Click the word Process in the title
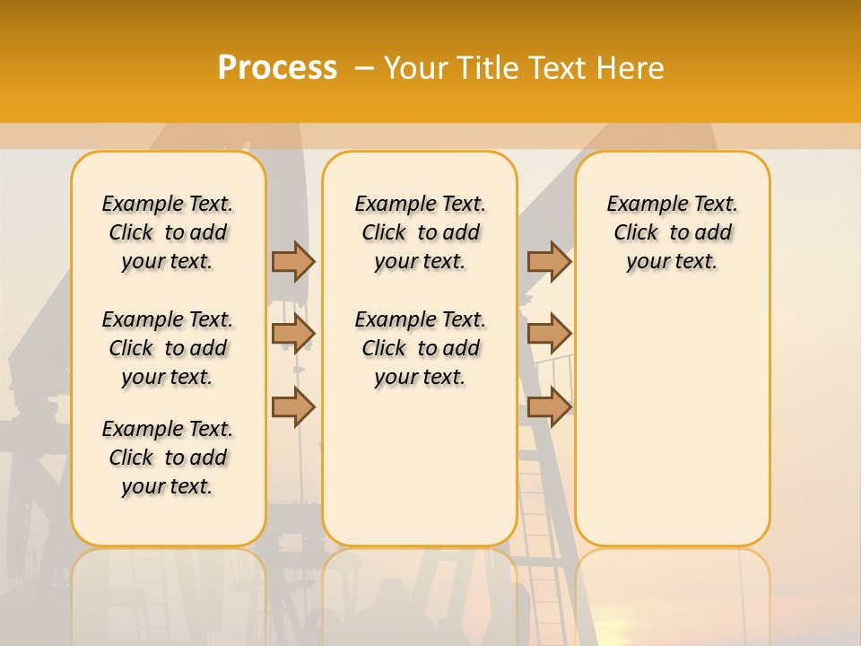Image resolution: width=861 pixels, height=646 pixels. [277, 67]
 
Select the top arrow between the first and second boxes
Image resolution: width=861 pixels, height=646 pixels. [293, 261]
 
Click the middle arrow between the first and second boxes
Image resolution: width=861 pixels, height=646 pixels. [293, 334]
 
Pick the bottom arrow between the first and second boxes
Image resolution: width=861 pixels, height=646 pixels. [293, 406]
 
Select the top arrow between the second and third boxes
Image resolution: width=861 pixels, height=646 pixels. [549, 261]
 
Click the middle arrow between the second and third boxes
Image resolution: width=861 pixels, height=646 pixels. [549, 334]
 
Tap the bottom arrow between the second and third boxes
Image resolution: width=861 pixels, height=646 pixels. [549, 406]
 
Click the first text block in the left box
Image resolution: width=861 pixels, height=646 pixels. [168, 232]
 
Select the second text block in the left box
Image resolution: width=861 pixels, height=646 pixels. [168, 348]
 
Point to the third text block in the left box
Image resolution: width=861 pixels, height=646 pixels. [168, 458]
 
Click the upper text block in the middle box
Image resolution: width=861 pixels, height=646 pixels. [420, 232]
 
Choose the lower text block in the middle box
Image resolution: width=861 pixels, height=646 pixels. [420, 348]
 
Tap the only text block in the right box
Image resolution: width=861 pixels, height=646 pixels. [673, 232]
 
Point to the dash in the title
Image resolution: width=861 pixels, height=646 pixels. [364, 67]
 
